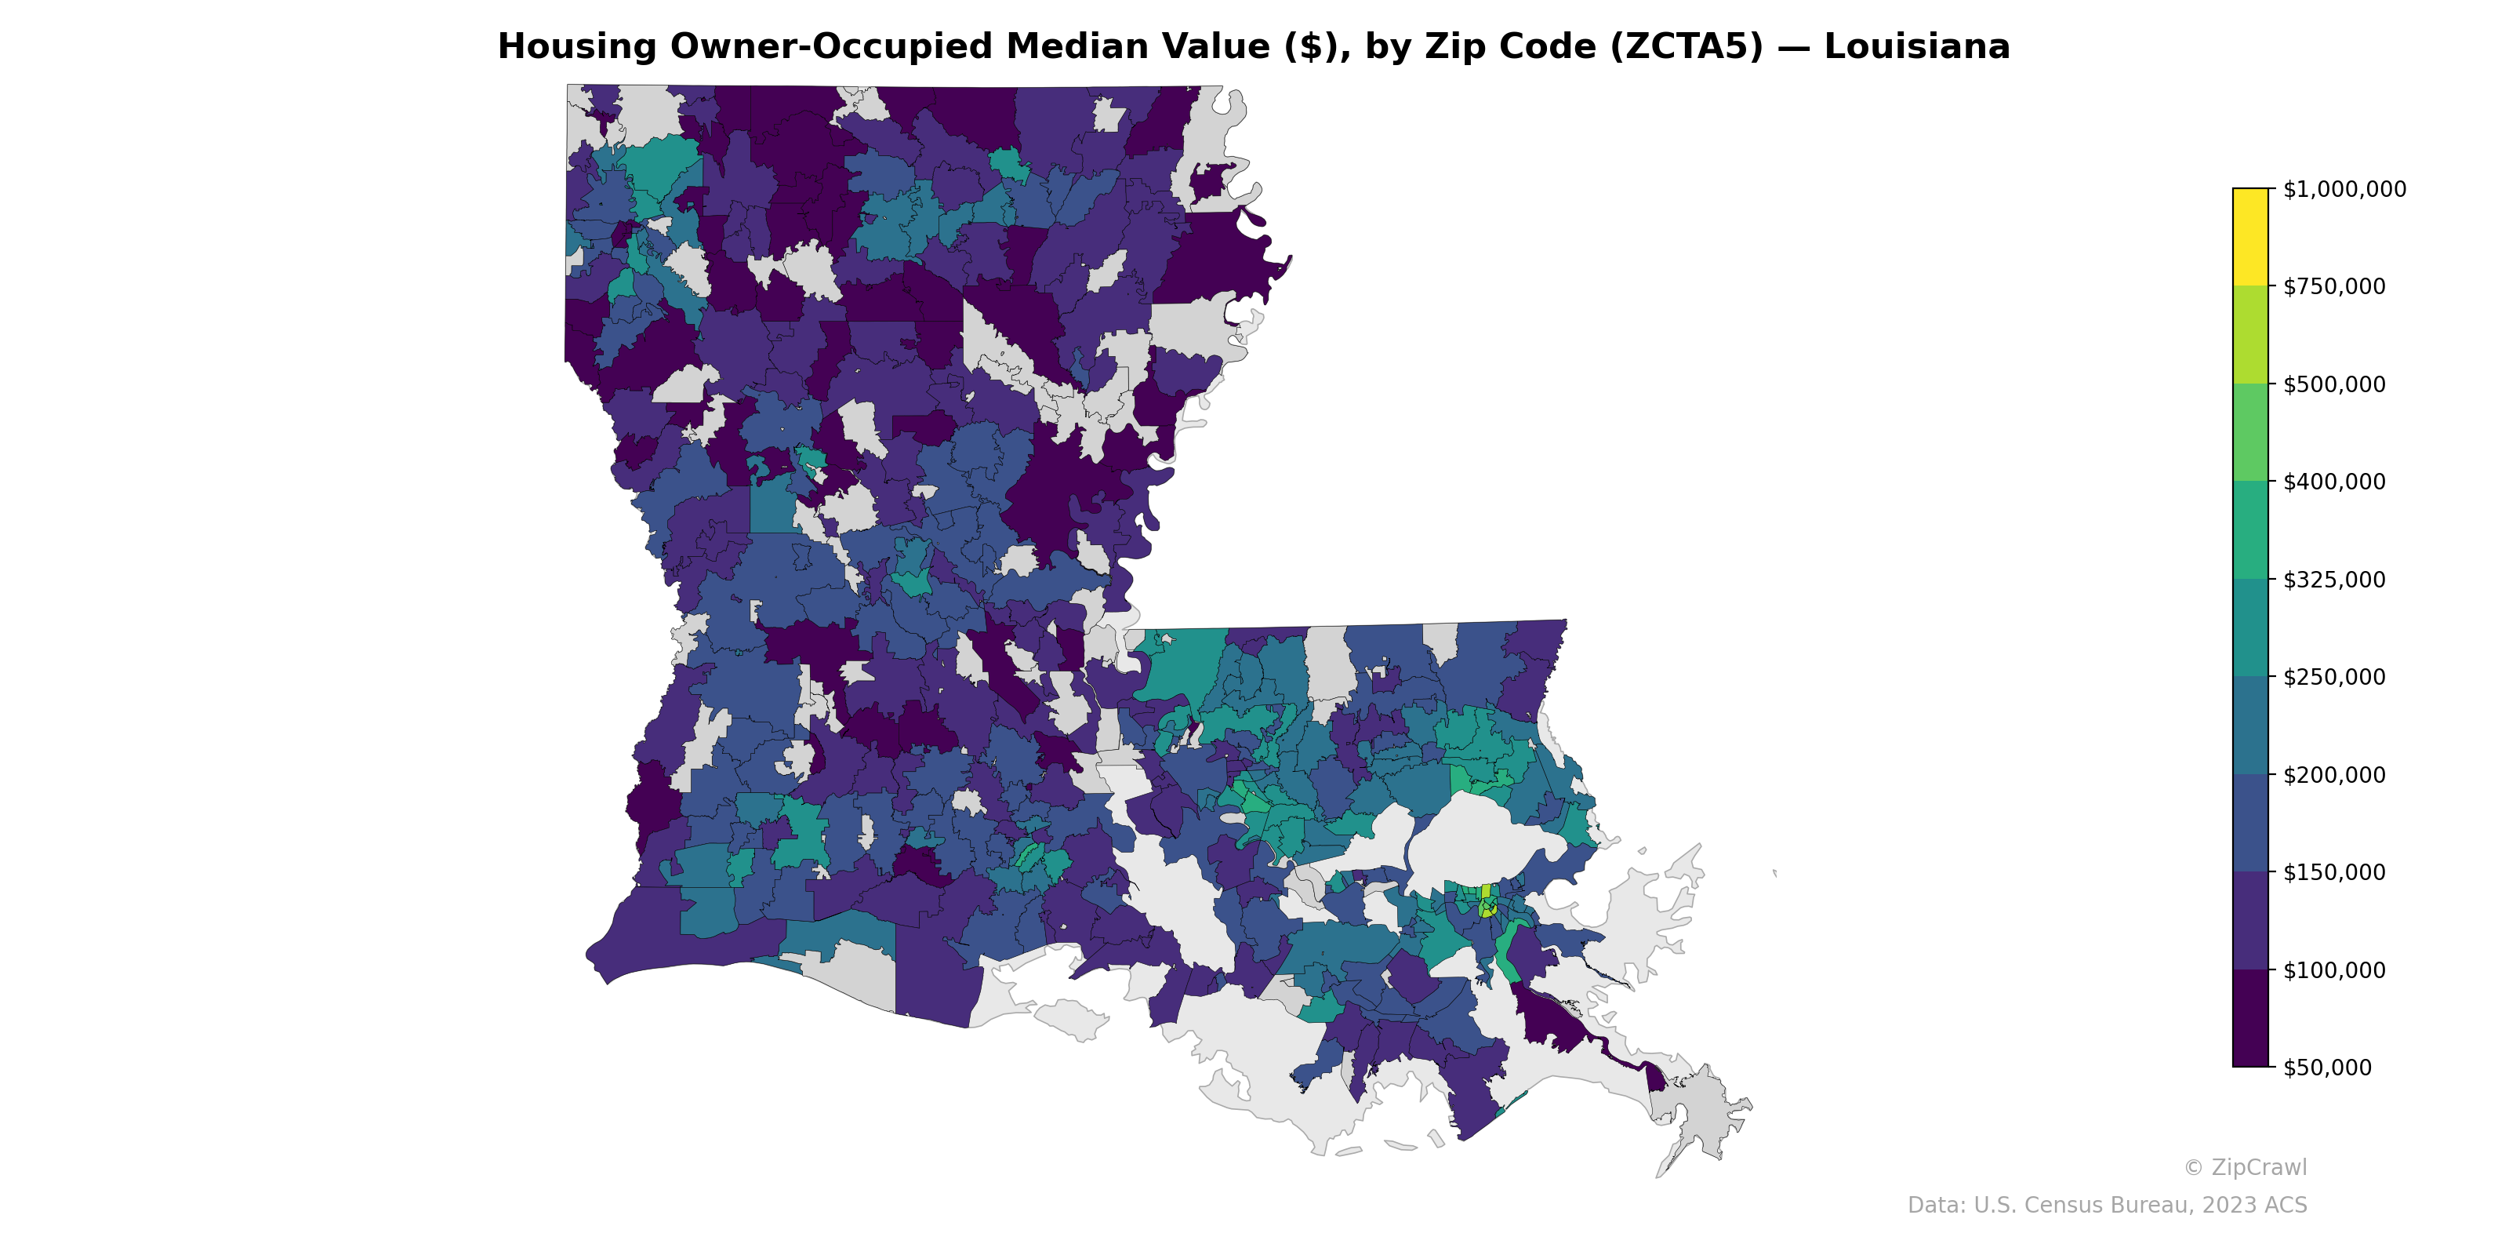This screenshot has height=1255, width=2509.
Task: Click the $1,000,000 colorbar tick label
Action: (2344, 189)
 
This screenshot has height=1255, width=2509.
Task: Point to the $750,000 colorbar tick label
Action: (2333, 286)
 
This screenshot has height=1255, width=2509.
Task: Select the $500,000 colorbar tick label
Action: (2333, 384)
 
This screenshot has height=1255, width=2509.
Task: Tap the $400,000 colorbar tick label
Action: (2333, 482)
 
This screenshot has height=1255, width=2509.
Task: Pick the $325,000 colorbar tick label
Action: (2333, 580)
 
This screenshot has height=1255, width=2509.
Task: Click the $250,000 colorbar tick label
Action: (2333, 677)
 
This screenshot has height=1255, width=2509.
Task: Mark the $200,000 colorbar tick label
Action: (2333, 775)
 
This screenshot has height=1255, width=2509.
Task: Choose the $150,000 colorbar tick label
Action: (2333, 872)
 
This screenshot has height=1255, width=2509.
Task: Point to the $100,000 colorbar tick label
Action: (2333, 969)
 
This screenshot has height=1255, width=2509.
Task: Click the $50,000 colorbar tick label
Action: (2327, 1067)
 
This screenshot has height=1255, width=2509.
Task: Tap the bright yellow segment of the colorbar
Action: (2250, 237)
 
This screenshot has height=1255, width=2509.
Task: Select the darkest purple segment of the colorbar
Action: (2250, 1018)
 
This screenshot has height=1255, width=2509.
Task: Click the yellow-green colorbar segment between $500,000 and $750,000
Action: (2250, 335)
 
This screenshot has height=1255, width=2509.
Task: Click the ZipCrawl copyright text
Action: (2244, 1167)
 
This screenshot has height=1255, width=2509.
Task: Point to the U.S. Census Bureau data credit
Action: (2106, 1206)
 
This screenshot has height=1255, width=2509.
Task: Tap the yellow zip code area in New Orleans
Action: (1485, 892)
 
